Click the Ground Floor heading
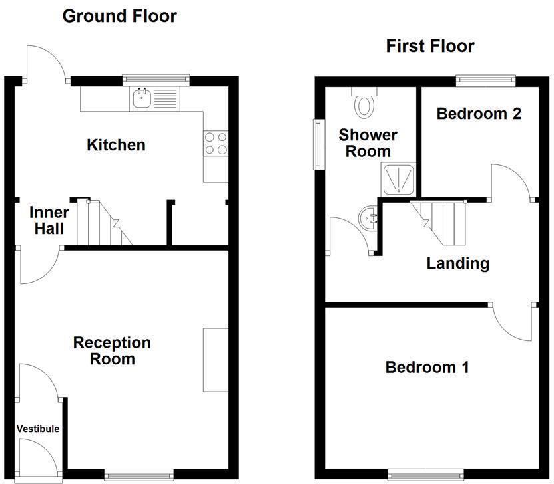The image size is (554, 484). click(x=119, y=16)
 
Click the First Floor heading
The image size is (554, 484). click(x=429, y=46)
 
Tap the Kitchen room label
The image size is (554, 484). click(x=116, y=144)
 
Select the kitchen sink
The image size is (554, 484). click(x=142, y=99)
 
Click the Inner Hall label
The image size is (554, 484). click(x=49, y=221)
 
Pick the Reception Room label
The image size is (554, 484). click(x=112, y=351)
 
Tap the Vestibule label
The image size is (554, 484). click(x=38, y=429)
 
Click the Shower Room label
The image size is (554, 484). click(x=368, y=143)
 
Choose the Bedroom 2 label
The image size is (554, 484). click(x=479, y=114)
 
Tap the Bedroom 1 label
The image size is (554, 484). click(x=427, y=367)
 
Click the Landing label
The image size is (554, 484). click(x=458, y=263)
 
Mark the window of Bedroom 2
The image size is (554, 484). click(x=485, y=80)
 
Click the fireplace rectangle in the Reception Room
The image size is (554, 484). click(x=216, y=359)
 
